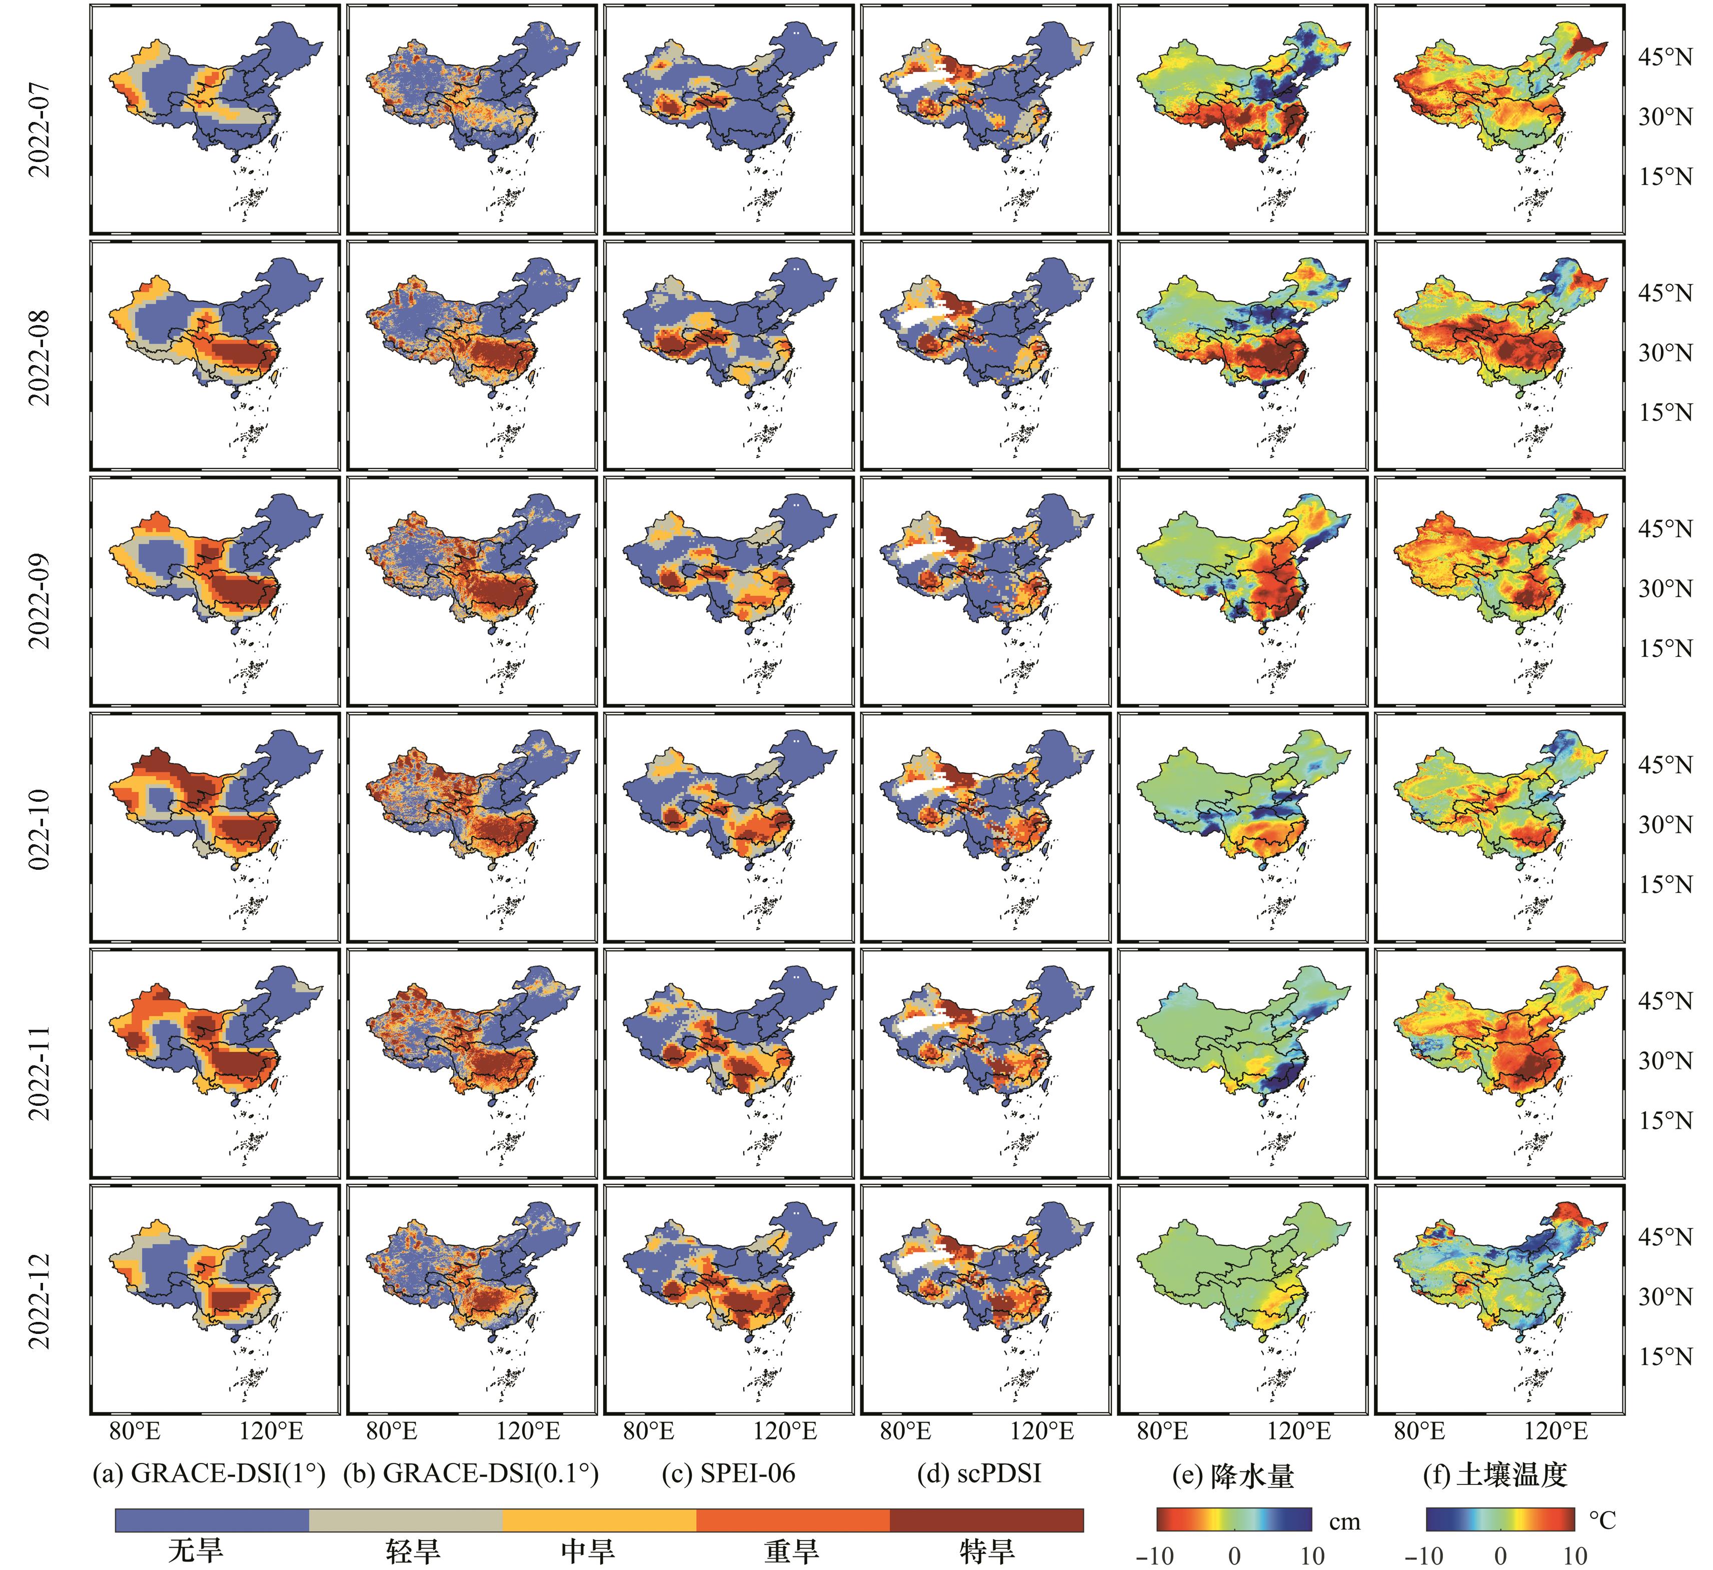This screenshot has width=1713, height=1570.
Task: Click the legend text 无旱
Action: (196, 1550)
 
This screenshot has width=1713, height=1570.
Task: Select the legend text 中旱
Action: (588, 1550)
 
